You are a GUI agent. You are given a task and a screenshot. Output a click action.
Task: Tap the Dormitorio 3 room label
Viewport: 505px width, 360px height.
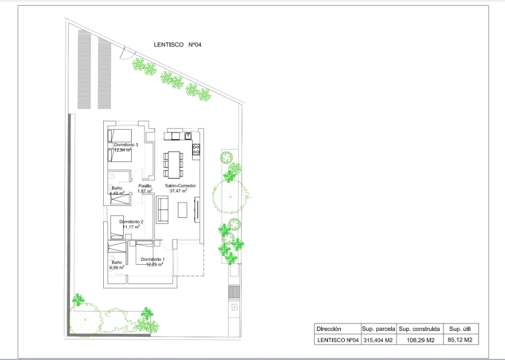(x=126, y=145)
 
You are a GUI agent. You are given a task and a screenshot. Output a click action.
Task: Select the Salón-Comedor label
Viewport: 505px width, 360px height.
(x=181, y=186)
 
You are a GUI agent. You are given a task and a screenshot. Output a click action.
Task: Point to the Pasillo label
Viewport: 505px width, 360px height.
(x=145, y=186)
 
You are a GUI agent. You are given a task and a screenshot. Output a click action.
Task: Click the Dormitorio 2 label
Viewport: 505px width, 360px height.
(x=131, y=221)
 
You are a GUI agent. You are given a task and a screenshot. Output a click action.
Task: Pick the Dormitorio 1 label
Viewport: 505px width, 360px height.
(x=152, y=260)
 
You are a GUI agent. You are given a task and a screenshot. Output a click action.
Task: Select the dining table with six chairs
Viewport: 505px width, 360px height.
(x=173, y=164)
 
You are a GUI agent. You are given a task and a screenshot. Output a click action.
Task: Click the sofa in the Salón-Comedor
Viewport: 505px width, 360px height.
(x=162, y=209)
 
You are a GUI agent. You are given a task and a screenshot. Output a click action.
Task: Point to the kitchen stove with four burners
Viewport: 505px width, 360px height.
(x=196, y=149)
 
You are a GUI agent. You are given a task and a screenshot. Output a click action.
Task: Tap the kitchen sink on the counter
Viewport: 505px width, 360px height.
(x=188, y=136)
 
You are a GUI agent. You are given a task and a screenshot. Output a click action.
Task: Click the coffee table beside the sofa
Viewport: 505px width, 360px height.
(x=182, y=211)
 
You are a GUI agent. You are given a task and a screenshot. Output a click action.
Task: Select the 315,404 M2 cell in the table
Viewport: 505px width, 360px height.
(x=378, y=341)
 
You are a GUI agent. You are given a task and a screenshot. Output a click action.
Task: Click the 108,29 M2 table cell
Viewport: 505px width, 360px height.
(x=419, y=341)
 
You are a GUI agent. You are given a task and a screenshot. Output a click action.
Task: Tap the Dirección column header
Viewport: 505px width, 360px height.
(x=329, y=329)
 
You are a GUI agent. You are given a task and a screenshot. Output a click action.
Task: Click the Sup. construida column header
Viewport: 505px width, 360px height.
(x=419, y=329)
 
